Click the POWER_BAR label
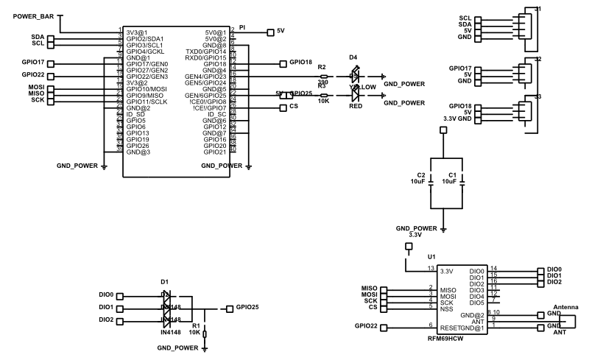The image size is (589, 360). tap(33, 16)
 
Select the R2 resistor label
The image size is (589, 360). tap(322, 67)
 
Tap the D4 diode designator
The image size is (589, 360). tap(353, 57)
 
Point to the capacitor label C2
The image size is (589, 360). tap(421, 175)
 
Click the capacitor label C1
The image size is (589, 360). tap(452, 175)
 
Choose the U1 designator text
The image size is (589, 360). tap(431, 256)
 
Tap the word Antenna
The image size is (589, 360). tap(565, 306)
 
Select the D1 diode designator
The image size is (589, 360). tap(164, 281)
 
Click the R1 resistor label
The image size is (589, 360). tap(195, 325)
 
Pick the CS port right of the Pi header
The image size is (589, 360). tap(294, 107)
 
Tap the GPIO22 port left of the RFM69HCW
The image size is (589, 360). tap(367, 325)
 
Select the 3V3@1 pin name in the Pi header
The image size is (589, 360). tap(136, 32)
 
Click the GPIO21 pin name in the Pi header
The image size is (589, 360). tap(214, 152)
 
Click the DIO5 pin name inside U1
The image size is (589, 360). tap(477, 302)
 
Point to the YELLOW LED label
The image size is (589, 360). tap(364, 87)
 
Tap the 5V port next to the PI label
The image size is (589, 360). tap(280, 32)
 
